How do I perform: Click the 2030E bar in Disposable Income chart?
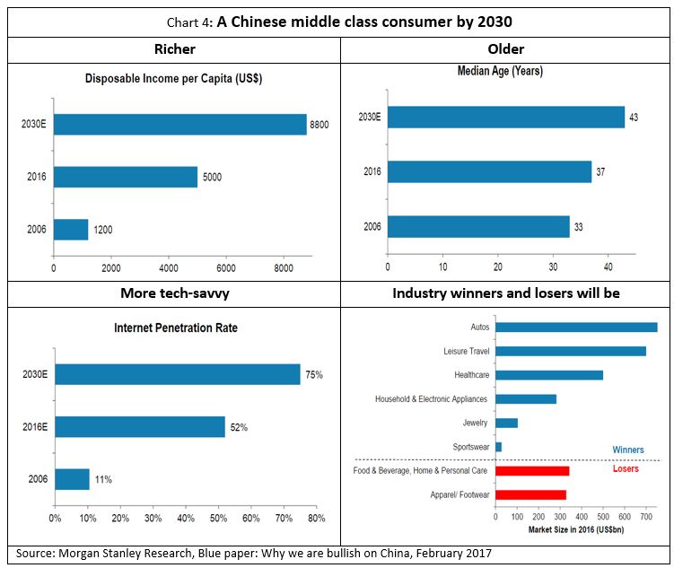179,124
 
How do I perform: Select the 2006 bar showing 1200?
71,230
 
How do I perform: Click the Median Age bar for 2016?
489,171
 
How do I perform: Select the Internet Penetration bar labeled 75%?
178,374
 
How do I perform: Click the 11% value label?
102,479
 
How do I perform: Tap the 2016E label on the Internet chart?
35,427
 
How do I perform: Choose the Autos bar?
576,328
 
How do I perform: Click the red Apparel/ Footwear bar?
530,494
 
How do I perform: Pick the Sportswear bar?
498,447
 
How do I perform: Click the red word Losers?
626,468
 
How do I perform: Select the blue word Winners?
627,450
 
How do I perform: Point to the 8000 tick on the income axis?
283,267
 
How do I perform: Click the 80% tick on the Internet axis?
316,518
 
